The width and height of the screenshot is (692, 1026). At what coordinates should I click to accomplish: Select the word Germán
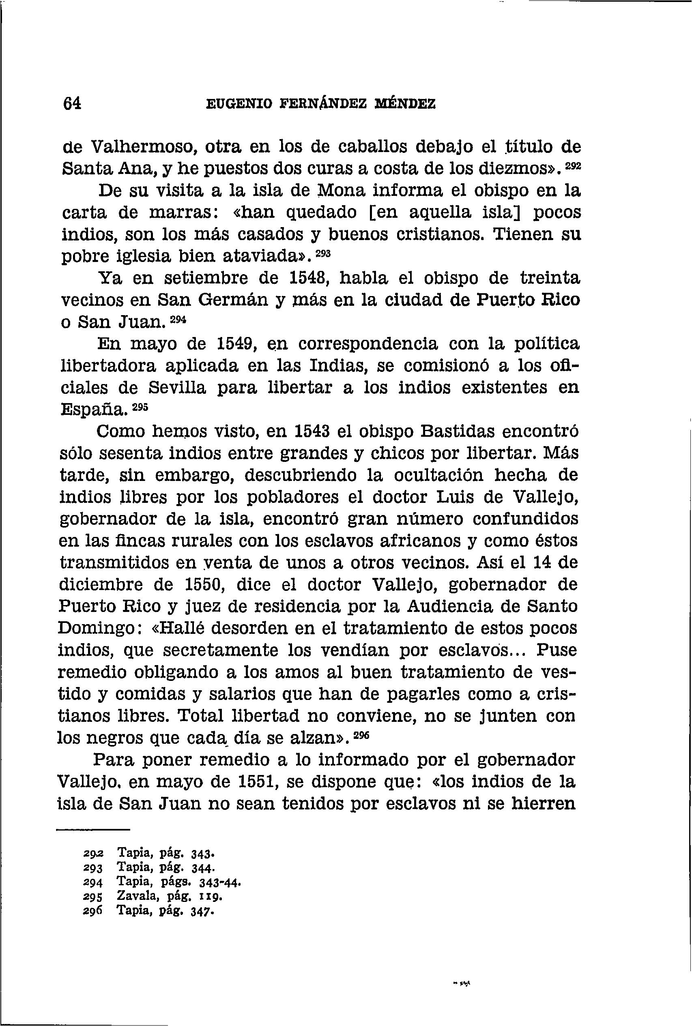(x=230, y=301)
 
